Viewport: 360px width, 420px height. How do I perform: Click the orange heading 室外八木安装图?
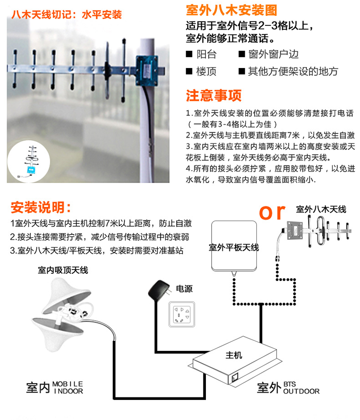coord(231,10)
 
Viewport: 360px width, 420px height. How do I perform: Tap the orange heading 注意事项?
coord(214,95)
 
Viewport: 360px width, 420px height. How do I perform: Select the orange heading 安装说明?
coord(40,207)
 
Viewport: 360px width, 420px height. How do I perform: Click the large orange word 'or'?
coord(272,212)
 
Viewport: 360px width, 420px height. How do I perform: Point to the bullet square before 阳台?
coord(189,54)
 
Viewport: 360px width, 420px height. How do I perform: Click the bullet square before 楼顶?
coord(189,71)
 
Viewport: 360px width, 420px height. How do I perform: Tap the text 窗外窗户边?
coord(273,54)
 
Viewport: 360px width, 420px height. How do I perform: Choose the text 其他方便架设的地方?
coord(293,71)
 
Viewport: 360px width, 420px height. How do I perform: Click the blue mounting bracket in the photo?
coord(146,70)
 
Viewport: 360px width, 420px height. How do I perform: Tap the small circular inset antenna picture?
coord(28,162)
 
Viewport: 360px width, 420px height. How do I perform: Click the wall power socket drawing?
coord(181,314)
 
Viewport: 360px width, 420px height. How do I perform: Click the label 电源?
coord(184,289)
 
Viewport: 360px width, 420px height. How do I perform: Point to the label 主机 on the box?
coord(234,355)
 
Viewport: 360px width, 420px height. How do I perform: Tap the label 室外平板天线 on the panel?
coord(234,247)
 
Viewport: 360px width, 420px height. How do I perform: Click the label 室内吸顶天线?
coord(63,270)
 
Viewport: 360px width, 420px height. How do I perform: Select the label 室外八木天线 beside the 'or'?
coord(321,209)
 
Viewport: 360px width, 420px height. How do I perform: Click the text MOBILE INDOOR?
coord(68,387)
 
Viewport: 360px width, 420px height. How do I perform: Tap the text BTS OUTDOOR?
coord(301,387)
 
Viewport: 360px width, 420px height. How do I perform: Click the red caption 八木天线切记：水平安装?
coord(67,14)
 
